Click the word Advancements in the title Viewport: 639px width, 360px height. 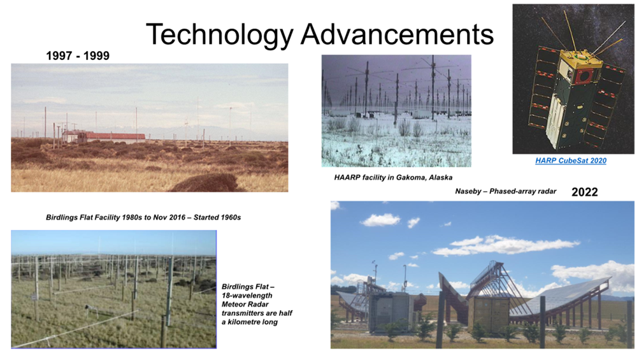[398, 34]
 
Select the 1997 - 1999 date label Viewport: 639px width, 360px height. [78, 56]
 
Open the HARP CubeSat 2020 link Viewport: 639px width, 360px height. [571, 161]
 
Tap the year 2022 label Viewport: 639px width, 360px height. [584, 192]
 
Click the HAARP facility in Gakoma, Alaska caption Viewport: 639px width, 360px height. [393, 177]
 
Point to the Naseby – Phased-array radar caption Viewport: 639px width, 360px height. [505, 191]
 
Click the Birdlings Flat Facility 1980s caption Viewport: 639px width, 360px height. [143, 217]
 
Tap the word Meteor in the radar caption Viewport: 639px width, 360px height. [234, 304]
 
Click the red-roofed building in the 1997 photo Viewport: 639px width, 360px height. [104, 136]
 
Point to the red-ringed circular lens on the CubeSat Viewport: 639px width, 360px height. [586, 76]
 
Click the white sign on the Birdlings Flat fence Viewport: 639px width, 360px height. [34, 297]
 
